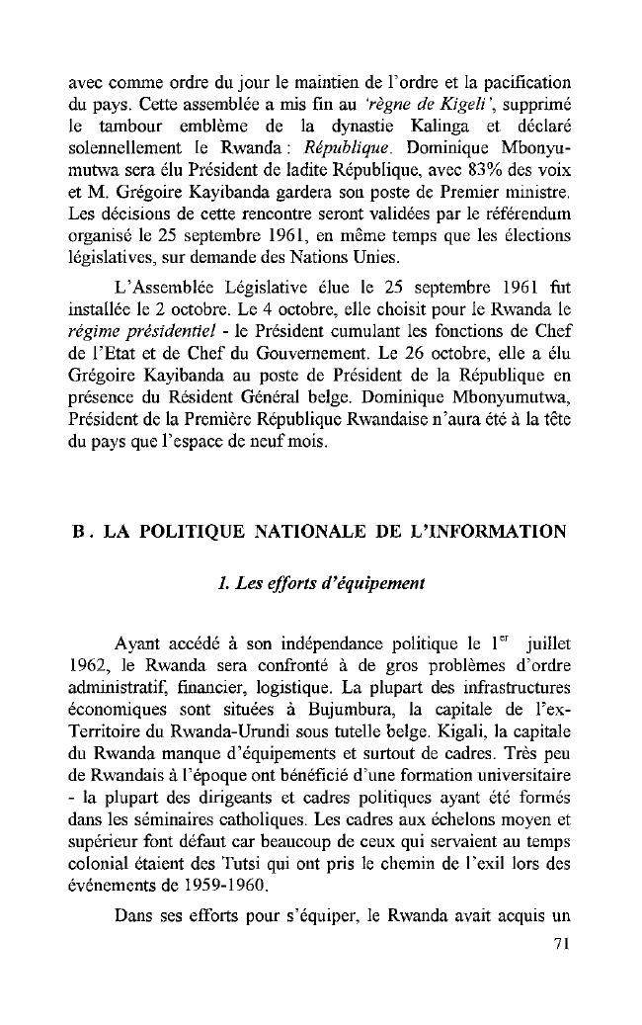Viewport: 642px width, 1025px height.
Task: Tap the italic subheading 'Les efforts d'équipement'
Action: (321, 582)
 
